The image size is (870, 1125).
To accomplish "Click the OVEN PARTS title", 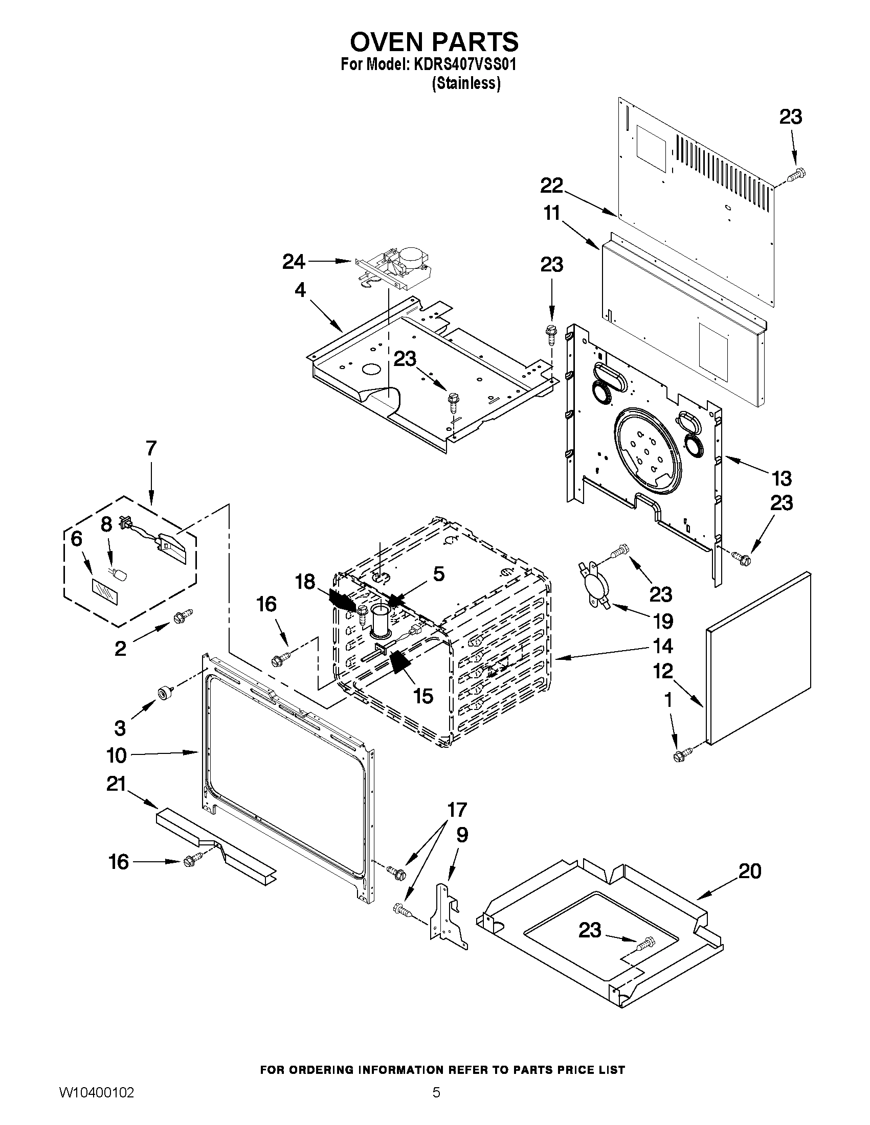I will click(x=434, y=41).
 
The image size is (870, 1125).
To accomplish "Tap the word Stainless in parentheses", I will click(x=466, y=83).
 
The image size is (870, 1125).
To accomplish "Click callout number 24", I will click(x=293, y=262).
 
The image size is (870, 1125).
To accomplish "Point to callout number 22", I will click(x=551, y=186).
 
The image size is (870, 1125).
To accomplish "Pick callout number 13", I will click(x=782, y=478).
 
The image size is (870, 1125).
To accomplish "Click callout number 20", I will click(x=749, y=871).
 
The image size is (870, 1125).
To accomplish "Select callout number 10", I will click(x=117, y=755).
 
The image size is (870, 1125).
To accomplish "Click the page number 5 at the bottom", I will click(x=436, y=1105).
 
